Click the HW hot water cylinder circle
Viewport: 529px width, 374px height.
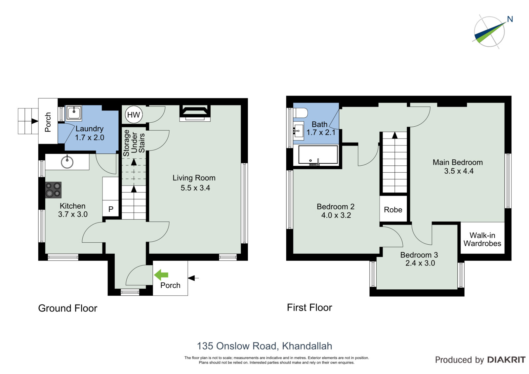click(x=134, y=115)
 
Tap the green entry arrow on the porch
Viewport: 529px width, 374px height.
click(x=161, y=275)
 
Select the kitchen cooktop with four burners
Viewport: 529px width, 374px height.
click(x=53, y=190)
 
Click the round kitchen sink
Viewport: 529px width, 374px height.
click(x=67, y=162)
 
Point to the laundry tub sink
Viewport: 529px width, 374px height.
click(x=74, y=113)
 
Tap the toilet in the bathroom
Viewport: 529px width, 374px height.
click(x=301, y=113)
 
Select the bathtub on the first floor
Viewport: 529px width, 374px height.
click(x=318, y=155)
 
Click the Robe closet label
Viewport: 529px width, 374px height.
click(x=393, y=210)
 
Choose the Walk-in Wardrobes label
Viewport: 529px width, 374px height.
click(x=482, y=239)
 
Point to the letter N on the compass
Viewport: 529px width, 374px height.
click(x=510, y=19)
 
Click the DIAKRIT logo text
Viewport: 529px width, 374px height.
click(x=506, y=360)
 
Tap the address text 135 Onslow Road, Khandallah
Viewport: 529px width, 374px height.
click(x=264, y=346)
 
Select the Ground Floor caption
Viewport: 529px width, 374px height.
click(x=67, y=308)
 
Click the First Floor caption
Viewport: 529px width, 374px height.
click(x=309, y=308)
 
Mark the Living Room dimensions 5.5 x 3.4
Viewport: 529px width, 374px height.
click(x=195, y=188)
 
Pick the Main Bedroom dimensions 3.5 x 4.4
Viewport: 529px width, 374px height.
click(x=459, y=171)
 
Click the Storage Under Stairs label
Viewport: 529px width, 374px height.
click(x=134, y=143)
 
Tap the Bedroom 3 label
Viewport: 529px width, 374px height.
click(x=419, y=255)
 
